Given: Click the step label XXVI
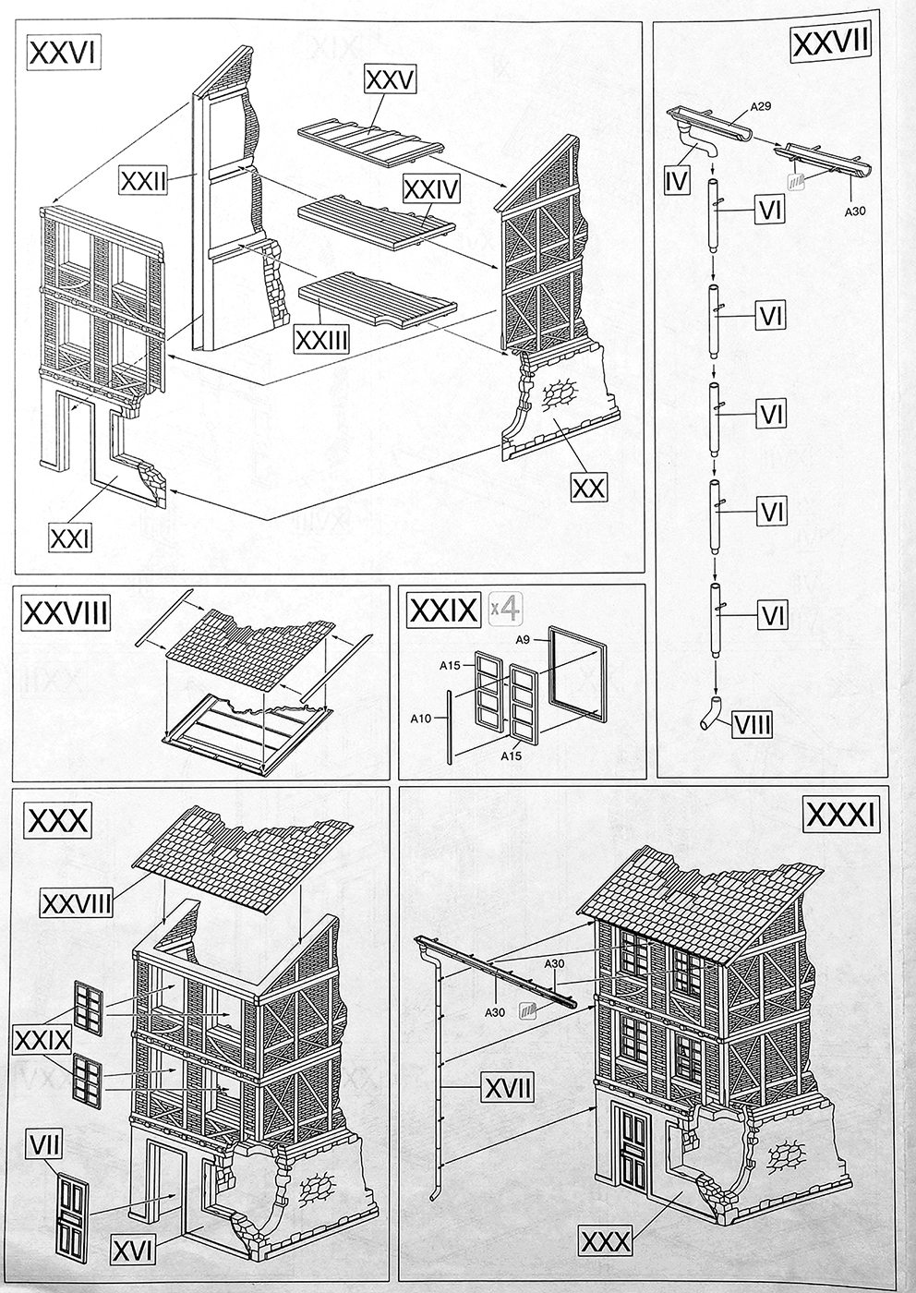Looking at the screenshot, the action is pos(64,53).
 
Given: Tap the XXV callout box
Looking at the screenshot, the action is pos(390,79).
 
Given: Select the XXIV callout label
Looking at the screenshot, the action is pos(430,188).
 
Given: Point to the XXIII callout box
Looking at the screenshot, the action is pos(321,339).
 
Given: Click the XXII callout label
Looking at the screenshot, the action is pos(142,180).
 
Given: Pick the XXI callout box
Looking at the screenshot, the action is pos(71,536).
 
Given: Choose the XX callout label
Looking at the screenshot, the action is pos(588,487).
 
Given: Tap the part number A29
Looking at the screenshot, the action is pos(761,106).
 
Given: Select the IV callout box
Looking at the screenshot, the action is pos(677,180).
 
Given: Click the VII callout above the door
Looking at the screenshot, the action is pos(45,1146).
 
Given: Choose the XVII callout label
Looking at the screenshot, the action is pos(507,1088).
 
